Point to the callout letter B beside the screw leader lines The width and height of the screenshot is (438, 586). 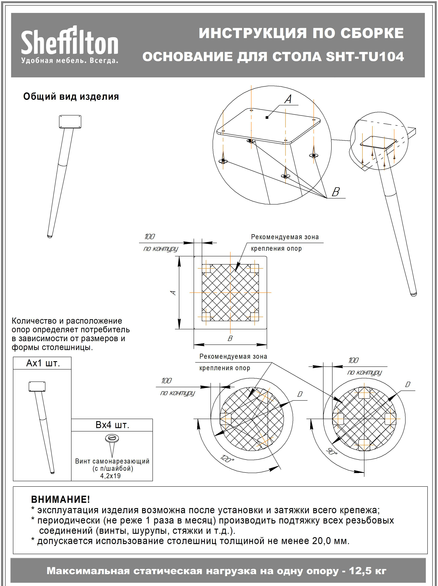pos(336,192)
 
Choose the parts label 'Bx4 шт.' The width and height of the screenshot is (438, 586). pos(112,425)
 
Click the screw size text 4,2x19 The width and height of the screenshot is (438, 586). pos(110,476)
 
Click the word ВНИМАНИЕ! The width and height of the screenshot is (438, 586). pos(60,499)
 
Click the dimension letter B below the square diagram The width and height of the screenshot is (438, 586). pos(230,338)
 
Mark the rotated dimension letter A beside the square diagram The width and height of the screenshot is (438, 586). pos(173,292)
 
